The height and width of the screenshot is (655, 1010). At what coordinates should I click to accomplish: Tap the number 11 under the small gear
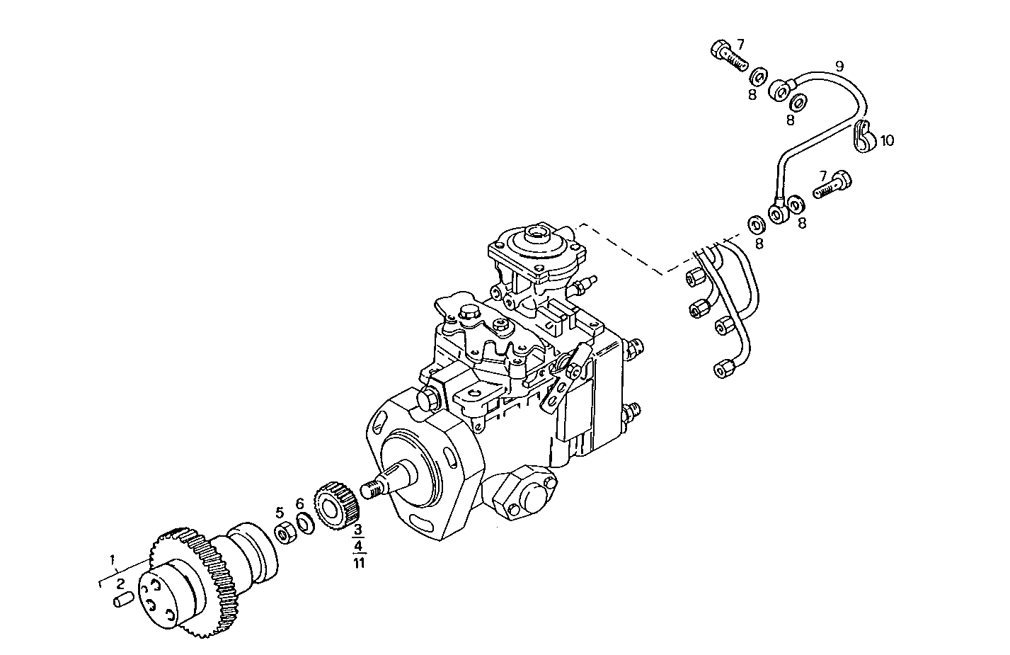[x=359, y=563]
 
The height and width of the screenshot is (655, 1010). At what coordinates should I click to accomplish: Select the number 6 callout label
[x=299, y=503]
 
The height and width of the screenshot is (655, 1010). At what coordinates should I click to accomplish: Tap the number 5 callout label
[x=280, y=512]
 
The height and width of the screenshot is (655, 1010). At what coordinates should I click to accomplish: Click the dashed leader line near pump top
[x=623, y=248]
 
